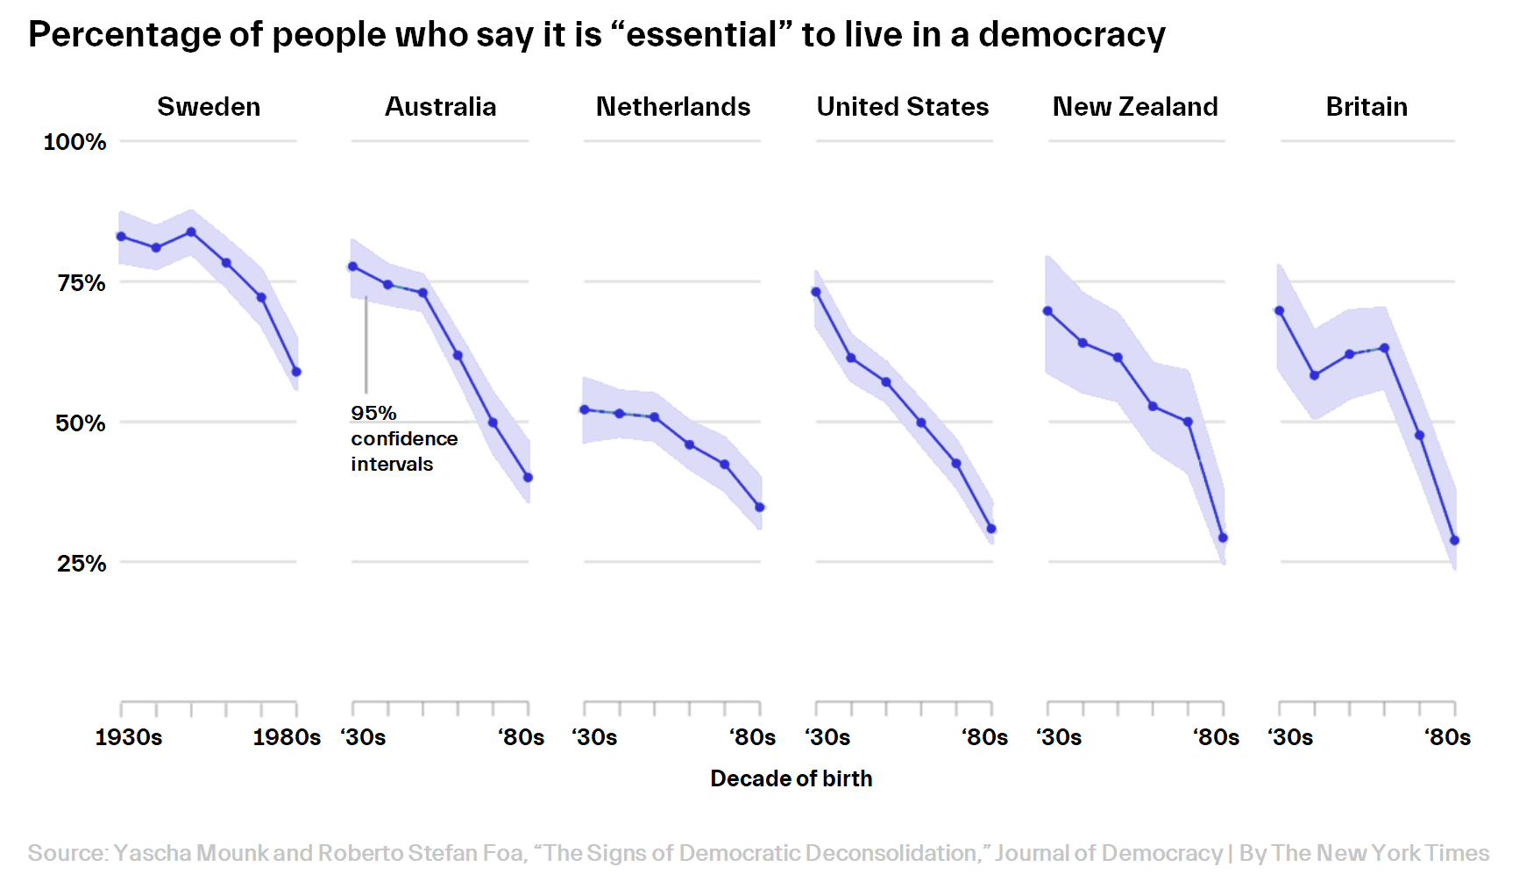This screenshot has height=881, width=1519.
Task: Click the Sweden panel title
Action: [209, 107]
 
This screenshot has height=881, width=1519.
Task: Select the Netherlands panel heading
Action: [672, 107]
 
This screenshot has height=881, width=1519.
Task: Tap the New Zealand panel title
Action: [1135, 107]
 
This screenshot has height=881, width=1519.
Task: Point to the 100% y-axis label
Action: [75, 142]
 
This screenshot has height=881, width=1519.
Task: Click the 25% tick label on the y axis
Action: [81, 563]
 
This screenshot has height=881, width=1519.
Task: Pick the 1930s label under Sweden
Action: [129, 737]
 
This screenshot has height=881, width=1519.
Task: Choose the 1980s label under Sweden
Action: [287, 737]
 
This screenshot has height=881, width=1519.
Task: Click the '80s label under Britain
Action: [1448, 737]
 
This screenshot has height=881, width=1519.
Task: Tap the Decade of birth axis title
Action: [791, 778]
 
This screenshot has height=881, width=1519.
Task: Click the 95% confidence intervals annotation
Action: [403, 438]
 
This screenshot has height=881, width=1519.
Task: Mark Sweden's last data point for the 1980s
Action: [296, 372]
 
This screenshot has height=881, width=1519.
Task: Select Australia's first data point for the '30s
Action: [352, 266]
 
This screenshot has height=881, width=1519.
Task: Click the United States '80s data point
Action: [991, 529]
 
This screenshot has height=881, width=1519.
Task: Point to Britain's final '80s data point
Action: [1455, 541]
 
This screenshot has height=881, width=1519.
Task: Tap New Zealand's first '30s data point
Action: [1047, 311]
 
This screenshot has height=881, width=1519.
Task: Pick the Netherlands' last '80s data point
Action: [760, 508]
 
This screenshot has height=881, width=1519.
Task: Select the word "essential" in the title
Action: [701, 35]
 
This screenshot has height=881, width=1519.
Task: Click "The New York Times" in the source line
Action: [1380, 853]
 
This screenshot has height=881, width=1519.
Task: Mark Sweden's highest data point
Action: [191, 232]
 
